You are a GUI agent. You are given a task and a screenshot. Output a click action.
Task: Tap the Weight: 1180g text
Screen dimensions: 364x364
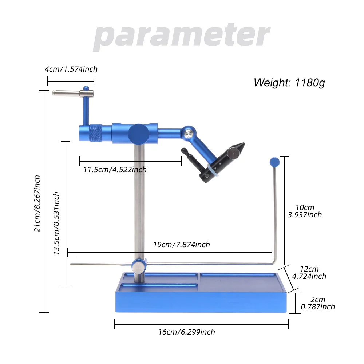pos(289,83)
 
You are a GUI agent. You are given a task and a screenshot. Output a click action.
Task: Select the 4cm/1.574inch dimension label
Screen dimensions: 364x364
pos(71,69)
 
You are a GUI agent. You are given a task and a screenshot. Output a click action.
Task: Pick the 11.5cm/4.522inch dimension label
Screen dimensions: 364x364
pos(115,169)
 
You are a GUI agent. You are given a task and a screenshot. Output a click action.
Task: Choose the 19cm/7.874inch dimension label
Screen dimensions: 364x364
pos(181,244)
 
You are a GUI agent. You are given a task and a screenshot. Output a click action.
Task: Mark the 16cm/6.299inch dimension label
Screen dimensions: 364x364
pos(186,332)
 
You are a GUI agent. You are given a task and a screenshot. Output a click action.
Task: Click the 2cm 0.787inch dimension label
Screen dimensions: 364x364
pos(317,303)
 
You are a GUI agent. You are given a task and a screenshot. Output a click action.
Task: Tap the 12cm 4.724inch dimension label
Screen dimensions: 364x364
pos(309,273)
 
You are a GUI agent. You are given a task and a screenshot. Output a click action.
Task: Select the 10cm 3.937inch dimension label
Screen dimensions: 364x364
pos(305,211)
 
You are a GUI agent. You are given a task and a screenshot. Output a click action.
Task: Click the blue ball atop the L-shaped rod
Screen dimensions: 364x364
pos(274,162)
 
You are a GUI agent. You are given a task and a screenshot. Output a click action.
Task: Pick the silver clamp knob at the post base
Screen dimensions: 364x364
pos(138,266)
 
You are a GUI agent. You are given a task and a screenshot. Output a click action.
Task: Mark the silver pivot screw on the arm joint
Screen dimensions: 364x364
pos(188,134)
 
